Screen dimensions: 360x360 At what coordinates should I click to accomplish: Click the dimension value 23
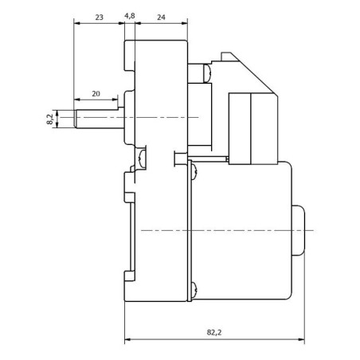pos(98,16)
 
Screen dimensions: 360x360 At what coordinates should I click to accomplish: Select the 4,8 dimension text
pos(131,16)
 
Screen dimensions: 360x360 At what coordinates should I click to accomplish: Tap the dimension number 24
pos(162,16)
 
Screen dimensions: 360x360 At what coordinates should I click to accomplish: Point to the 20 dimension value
pos(96,94)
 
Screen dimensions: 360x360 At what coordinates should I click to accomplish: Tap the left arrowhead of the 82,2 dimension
pos(128,339)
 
